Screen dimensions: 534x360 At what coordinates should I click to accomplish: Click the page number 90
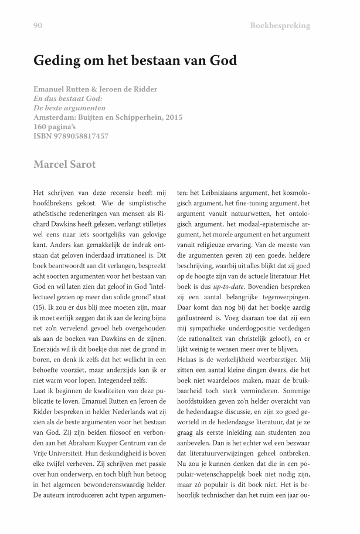click(x=39, y=26)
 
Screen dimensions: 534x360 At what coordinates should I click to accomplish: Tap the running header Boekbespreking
click(x=280, y=26)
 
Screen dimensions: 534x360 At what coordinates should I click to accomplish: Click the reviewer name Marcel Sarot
click(x=64, y=164)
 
